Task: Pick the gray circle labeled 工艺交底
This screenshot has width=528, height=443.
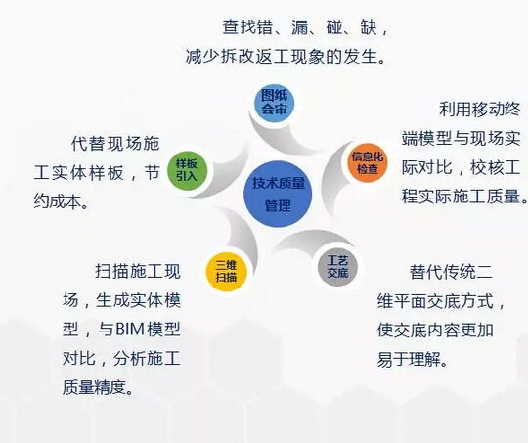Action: tap(337, 267)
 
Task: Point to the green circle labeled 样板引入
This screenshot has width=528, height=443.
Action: tap(186, 169)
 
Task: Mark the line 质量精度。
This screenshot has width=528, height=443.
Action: tap(98, 387)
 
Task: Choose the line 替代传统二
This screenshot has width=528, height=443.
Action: tap(458, 271)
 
